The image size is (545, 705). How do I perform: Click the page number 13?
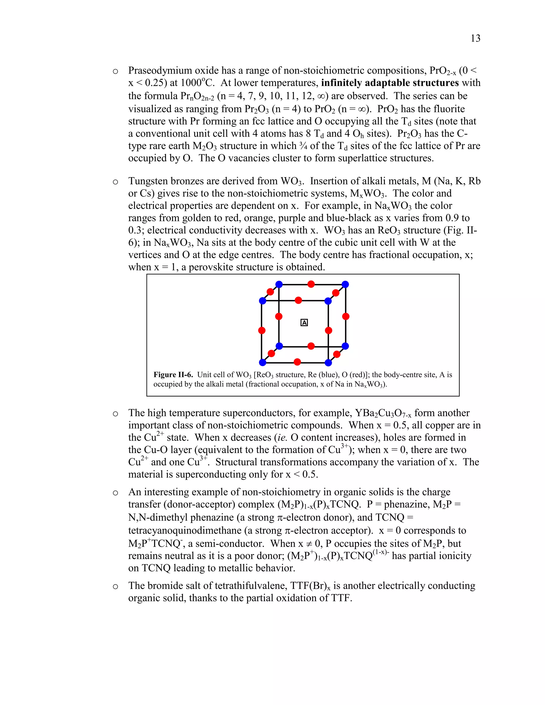(475, 38)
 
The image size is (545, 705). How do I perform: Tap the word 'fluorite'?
(447, 109)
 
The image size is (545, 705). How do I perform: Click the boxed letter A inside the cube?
(304, 322)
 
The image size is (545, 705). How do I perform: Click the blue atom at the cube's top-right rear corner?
(345, 284)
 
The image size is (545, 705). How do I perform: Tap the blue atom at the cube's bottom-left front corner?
(262, 363)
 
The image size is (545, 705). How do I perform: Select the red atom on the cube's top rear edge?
(311, 284)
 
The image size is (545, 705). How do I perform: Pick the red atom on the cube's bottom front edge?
(297, 362)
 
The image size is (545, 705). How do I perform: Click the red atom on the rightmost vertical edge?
(345, 316)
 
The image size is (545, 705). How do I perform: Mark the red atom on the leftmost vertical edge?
(262, 330)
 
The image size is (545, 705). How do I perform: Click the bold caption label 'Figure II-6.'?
(173, 375)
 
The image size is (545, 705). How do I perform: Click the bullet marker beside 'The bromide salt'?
(115, 587)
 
